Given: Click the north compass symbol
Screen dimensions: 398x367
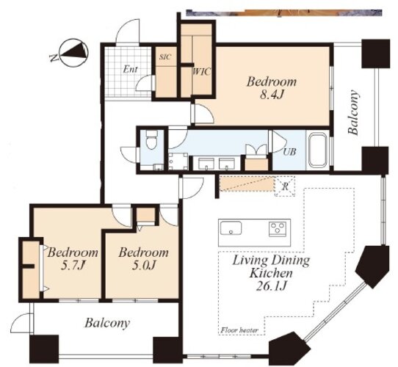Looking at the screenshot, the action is (x=73, y=53).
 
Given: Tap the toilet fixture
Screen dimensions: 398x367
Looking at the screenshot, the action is (x=152, y=140).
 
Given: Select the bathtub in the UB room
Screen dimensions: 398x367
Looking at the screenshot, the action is (x=317, y=150).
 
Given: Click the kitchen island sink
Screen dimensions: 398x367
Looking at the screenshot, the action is (x=231, y=228).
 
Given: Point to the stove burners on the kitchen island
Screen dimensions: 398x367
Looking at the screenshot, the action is (x=278, y=229).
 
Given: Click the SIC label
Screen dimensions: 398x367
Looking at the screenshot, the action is (x=165, y=57).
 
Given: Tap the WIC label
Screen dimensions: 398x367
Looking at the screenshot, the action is (x=202, y=72).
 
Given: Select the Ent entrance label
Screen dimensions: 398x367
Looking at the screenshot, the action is (x=131, y=69).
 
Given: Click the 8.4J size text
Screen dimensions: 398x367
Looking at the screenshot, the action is (x=272, y=95).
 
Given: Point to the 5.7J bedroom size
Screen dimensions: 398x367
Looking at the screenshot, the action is (x=73, y=266).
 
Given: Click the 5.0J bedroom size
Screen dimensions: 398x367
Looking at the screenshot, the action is (x=143, y=266).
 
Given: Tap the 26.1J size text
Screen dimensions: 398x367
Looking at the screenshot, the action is (x=272, y=286).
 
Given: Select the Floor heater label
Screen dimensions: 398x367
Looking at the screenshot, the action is (x=239, y=330).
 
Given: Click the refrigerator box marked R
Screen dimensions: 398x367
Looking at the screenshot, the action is (x=285, y=186).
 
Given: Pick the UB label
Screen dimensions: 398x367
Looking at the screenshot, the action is (x=289, y=152).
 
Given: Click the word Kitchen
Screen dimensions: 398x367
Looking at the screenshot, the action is (x=271, y=273).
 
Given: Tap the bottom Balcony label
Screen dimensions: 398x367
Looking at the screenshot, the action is (x=107, y=323).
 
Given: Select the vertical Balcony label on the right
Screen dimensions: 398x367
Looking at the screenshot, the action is (x=354, y=112).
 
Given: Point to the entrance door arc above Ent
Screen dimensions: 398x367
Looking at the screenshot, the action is (x=127, y=31).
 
